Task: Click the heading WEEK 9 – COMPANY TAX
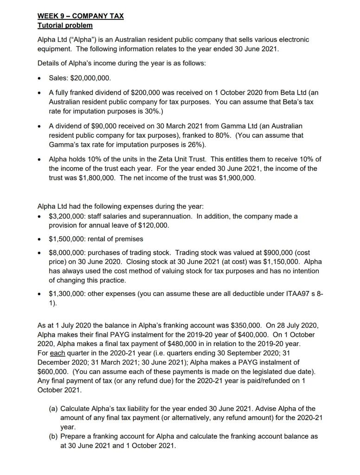tap(80, 16)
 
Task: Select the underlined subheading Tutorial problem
tap(64, 25)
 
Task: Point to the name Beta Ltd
tap(287, 93)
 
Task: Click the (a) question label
tap(54, 409)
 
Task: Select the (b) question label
tap(54, 436)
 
